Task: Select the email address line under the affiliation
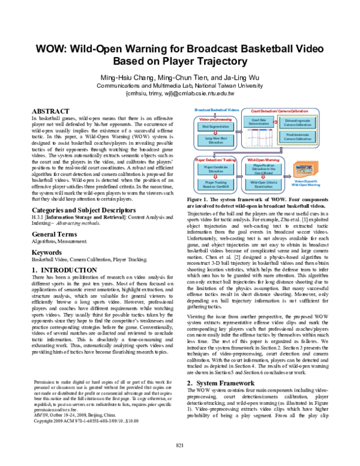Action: point(180,94)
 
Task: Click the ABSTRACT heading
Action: point(49,112)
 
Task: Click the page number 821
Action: point(179,461)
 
